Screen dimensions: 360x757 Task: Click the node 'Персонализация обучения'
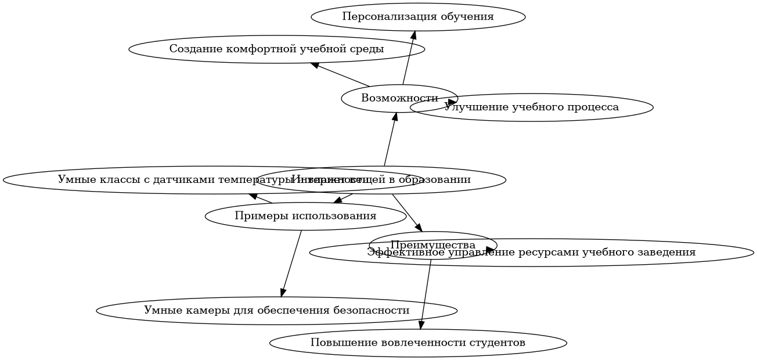pos(418,17)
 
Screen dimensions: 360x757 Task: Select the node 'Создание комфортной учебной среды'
pos(276,49)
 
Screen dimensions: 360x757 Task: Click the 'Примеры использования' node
pos(305,217)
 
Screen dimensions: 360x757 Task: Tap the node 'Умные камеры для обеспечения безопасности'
pos(276,311)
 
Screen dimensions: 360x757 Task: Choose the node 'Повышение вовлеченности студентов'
pos(418,343)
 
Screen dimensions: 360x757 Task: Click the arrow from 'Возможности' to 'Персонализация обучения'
pos(409,57)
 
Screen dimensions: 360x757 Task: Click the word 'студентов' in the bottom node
pos(500,343)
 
